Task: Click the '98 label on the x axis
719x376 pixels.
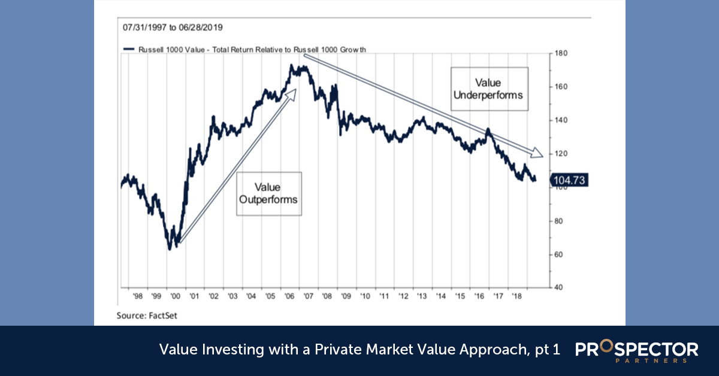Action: [x=138, y=296]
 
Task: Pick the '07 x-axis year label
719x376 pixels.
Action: [x=307, y=296]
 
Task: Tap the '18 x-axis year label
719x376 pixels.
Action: [x=515, y=296]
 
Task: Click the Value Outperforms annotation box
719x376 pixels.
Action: [x=268, y=193]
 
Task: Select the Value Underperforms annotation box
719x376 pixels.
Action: [x=489, y=89]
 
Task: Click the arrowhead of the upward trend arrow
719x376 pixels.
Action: [x=293, y=92]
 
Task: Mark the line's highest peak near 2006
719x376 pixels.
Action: [x=292, y=66]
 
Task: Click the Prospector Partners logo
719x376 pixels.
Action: [x=636, y=351]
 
